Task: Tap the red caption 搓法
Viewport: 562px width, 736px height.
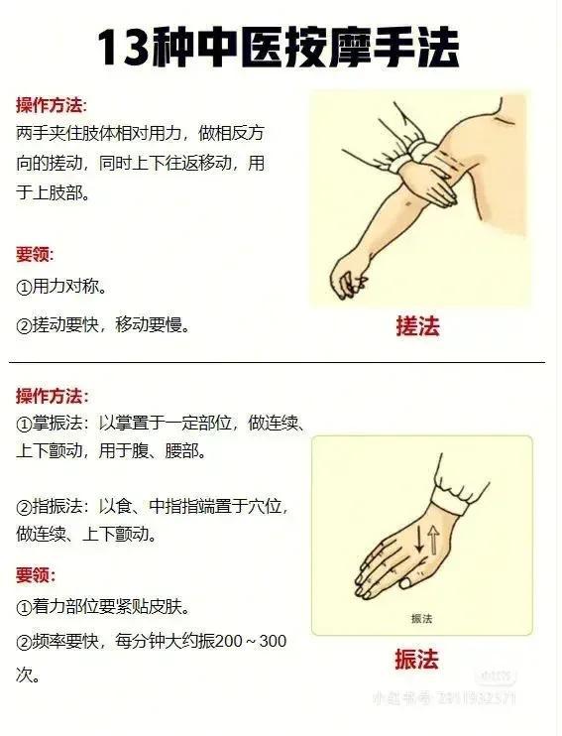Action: (x=416, y=326)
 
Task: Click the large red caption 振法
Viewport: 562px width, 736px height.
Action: (x=415, y=660)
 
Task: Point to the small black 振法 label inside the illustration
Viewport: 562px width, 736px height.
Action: (x=422, y=619)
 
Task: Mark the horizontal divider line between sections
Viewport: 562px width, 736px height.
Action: (x=278, y=363)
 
